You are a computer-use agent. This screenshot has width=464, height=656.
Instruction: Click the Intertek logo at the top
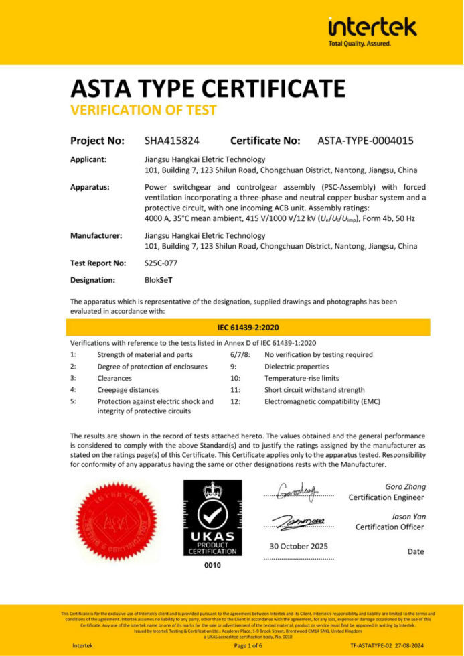[372, 29]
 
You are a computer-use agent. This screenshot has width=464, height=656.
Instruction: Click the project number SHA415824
[172, 141]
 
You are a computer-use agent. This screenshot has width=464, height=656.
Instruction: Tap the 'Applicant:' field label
[90, 159]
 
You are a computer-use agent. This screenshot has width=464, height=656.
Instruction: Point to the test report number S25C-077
[161, 263]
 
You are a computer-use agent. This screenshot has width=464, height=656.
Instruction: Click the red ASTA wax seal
[121, 520]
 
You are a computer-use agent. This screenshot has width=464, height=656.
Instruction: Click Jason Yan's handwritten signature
[297, 520]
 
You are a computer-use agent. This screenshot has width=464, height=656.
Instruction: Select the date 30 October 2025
[298, 547]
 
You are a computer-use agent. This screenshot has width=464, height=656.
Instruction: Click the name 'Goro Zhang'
[405, 486]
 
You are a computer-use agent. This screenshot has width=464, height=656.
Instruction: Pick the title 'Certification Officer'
[389, 527]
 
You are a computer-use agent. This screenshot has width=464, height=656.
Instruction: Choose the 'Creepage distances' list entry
[128, 389]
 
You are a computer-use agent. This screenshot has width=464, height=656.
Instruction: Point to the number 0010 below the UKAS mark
[212, 565]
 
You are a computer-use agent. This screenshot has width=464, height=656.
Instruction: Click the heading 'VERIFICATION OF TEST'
[143, 110]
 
